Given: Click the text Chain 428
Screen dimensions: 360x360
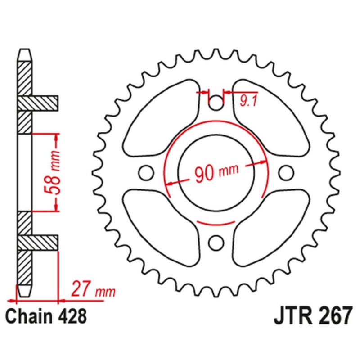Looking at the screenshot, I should tap(47, 316).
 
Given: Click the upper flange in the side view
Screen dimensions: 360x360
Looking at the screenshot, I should tap(45, 103).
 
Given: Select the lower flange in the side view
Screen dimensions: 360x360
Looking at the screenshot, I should tap(45, 243).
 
